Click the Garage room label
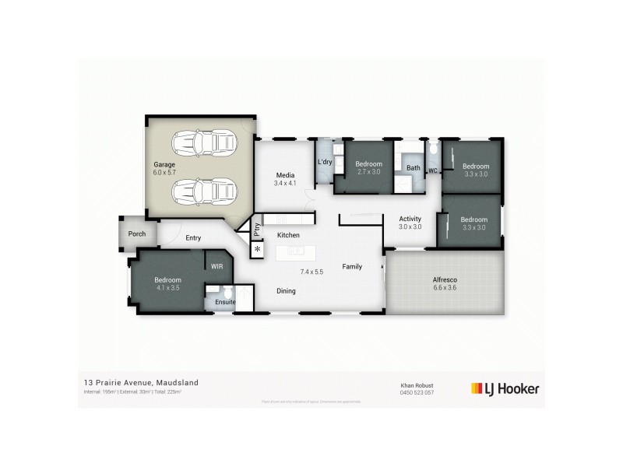click(x=164, y=165)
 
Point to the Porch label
click(x=137, y=233)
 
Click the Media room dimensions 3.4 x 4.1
click(x=286, y=184)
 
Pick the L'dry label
click(x=326, y=162)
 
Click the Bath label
click(x=413, y=168)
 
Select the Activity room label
click(x=410, y=219)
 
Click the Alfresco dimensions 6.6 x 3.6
click(x=445, y=288)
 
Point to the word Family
click(x=353, y=267)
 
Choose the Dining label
click(x=287, y=290)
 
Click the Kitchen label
click(x=289, y=234)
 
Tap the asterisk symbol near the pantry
click(x=258, y=249)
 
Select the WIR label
click(x=217, y=266)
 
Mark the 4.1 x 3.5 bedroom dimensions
click(x=167, y=288)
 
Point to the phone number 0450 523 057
click(x=417, y=392)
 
